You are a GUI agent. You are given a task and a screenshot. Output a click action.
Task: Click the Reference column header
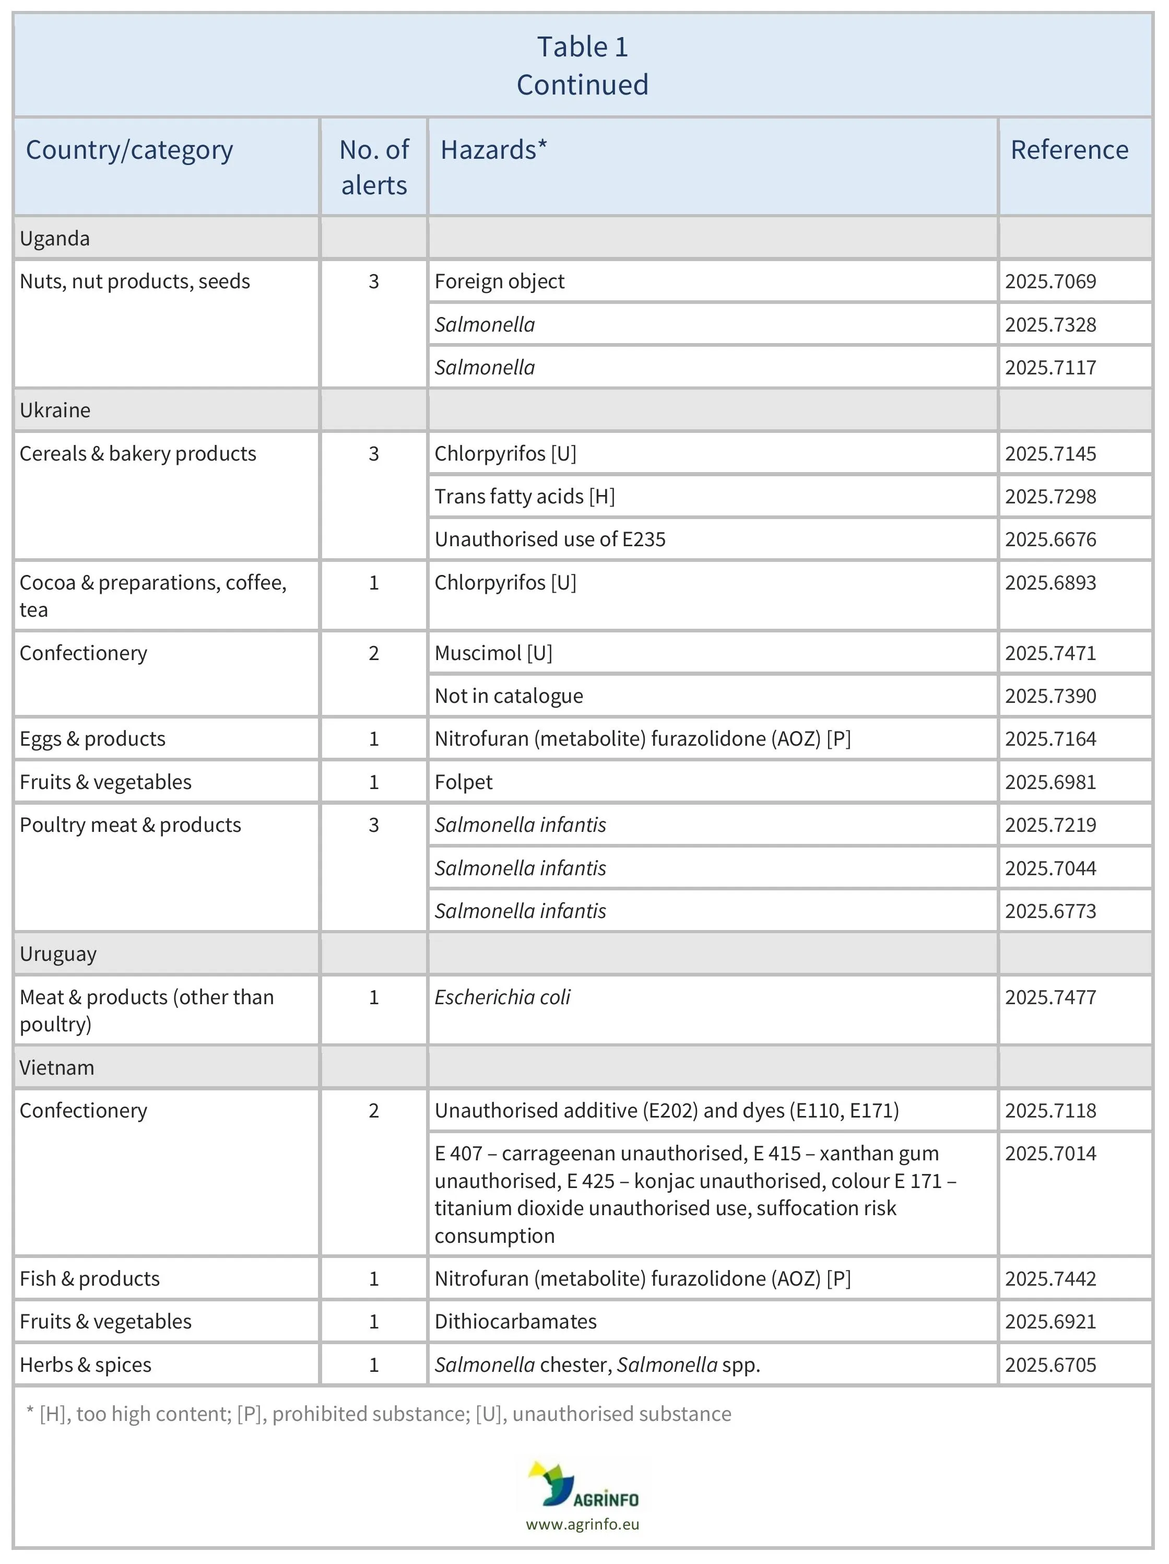click(1069, 150)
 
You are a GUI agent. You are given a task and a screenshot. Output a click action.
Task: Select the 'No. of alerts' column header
click(374, 167)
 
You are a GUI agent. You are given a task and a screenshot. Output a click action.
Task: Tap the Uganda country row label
click(55, 238)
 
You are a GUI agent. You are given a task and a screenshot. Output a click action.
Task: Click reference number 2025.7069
click(1050, 281)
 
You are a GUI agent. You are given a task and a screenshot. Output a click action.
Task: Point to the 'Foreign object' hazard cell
click(499, 281)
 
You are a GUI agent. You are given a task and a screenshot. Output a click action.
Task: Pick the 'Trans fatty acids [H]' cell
click(524, 496)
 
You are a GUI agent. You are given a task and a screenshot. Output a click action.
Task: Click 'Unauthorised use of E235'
click(550, 539)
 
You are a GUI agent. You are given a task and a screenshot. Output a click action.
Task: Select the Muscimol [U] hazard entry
click(493, 653)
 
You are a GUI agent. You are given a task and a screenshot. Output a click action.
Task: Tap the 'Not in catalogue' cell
click(509, 696)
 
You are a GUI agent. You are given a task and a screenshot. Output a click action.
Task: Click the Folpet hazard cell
click(464, 782)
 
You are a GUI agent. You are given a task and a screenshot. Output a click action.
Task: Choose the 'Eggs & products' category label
click(92, 739)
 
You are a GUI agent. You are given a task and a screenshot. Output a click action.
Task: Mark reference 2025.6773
click(1050, 911)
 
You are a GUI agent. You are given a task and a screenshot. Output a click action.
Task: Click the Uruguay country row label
click(58, 954)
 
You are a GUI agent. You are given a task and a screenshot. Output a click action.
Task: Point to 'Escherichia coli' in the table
click(502, 997)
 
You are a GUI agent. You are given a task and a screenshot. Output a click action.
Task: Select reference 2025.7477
click(1050, 997)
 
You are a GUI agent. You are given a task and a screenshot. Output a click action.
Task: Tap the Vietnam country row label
click(56, 1068)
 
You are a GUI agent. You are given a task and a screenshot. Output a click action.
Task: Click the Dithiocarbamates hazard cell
click(515, 1322)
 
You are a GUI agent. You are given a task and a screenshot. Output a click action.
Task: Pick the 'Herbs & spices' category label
click(86, 1365)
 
